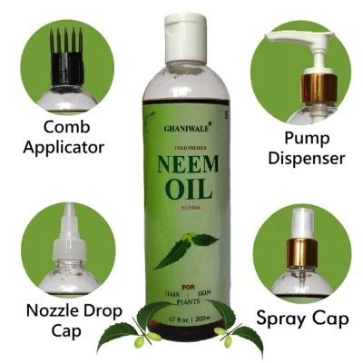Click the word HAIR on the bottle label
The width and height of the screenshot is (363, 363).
(172, 289)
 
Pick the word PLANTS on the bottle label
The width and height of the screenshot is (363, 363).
(188, 299)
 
